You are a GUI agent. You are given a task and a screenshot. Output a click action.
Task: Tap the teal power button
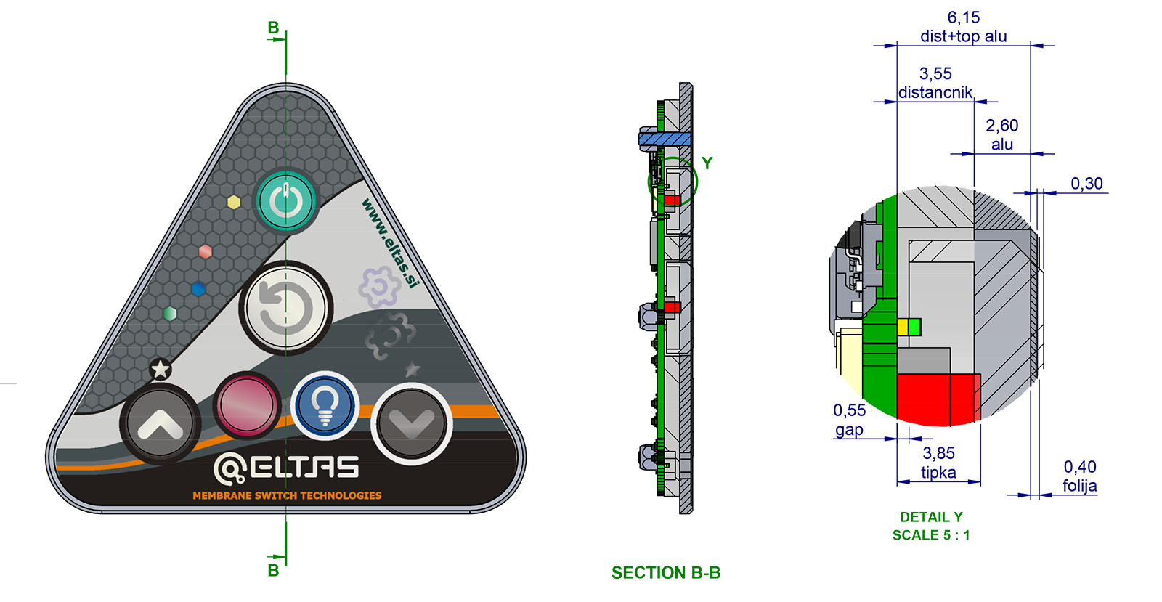tap(286, 202)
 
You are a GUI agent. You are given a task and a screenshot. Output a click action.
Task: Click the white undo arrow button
tap(286, 309)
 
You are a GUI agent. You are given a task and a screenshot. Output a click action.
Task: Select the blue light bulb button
tap(325, 405)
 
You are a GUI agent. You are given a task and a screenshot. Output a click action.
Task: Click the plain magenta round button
tap(247, 404)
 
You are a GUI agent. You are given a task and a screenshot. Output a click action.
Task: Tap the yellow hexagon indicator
tap(234, 202)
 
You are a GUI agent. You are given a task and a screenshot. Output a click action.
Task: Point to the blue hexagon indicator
tap(198, 289)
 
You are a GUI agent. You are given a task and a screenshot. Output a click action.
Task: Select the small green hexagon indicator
tap(170, 314)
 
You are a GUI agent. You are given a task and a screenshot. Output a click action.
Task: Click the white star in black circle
tap(161, 370)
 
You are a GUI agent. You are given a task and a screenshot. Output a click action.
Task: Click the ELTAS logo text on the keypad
tap(286, 467)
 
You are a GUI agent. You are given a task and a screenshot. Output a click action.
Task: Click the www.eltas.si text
tap(390, 243)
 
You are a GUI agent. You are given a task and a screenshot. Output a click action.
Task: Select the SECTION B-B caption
tap(666, 572)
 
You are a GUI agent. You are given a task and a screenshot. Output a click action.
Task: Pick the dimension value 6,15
tap(963, 17)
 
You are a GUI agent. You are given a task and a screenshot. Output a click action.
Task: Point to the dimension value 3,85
tap(938, 454)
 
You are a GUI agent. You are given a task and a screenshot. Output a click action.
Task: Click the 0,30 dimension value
tap(1086, 184)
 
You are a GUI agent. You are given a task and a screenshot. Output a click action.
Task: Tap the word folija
tap(1079, 487)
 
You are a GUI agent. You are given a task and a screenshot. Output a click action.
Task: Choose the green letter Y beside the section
tap(707, 163)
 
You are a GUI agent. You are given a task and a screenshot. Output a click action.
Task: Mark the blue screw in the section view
tap(665, 139)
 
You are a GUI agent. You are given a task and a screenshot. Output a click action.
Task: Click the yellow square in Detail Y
tap(903, 328)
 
